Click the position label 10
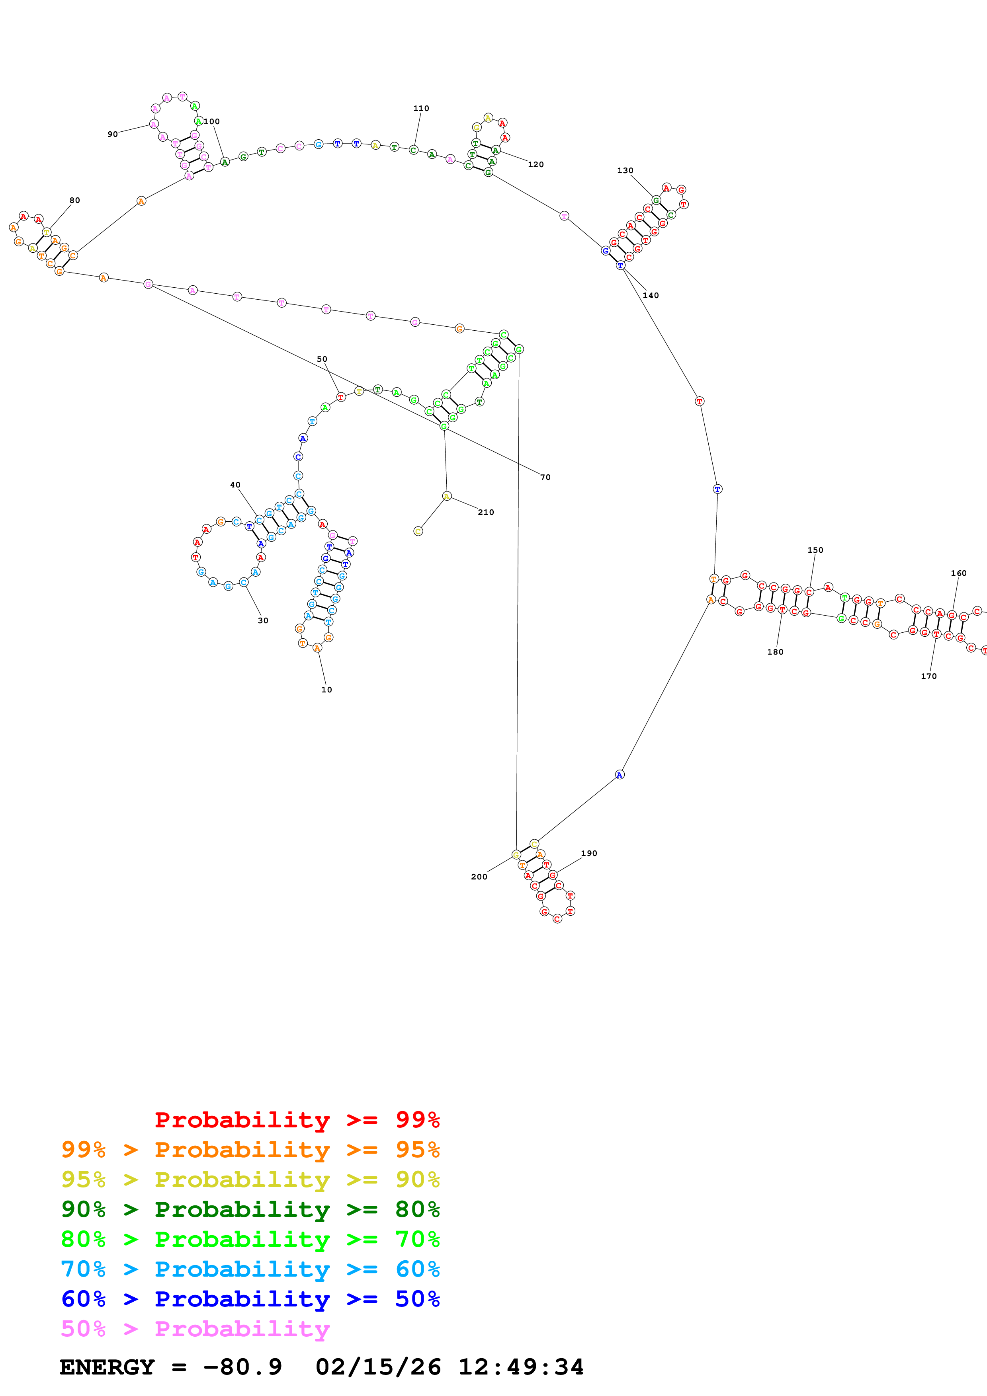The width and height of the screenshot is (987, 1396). pos(326,690)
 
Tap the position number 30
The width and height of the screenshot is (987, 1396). pos(263,620)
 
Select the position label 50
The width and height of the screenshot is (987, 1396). pos(322,359)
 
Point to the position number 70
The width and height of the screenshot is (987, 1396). pos(545,477)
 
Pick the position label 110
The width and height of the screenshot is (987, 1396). pos(421,108)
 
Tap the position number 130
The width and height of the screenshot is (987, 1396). pos(625,170)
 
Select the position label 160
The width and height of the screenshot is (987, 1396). pos(958,573)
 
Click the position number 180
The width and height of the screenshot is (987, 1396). pos(775,652)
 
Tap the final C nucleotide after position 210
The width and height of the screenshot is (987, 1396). pos(418,531)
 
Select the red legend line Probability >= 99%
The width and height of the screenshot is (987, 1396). pos(297,1120)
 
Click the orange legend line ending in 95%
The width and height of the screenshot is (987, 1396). pos(250,1150)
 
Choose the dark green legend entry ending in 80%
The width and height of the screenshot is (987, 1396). pos(250,1209)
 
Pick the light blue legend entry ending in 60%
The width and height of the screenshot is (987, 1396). pos(250,1269)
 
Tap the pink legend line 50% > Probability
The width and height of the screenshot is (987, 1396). pos(195,1328)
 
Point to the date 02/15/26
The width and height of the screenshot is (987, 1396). pos(378,1367)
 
